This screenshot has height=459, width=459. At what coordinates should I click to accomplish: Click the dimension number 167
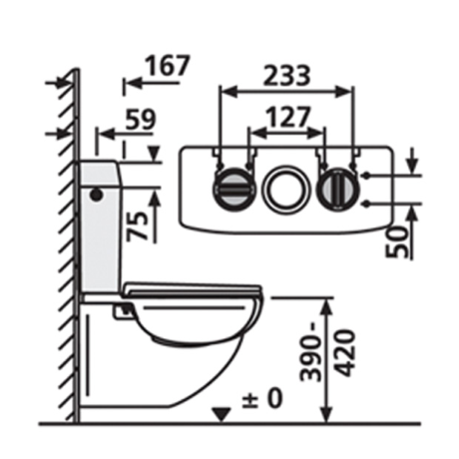click(x=168, y=66)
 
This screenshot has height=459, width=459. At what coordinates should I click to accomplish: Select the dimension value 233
click(x=286, y=76)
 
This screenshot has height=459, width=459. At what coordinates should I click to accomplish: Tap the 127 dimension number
click(x=288, y=117)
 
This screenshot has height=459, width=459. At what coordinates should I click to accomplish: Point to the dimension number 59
click(x=140, y=119)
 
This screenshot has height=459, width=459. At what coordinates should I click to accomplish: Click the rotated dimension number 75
click(x=137, y=227)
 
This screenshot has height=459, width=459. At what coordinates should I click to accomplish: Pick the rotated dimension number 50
click(x=396, y=242)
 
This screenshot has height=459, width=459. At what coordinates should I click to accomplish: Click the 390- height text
click(x=310, y=358)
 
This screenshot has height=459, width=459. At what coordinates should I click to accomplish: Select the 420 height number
click(x=344, y=353)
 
